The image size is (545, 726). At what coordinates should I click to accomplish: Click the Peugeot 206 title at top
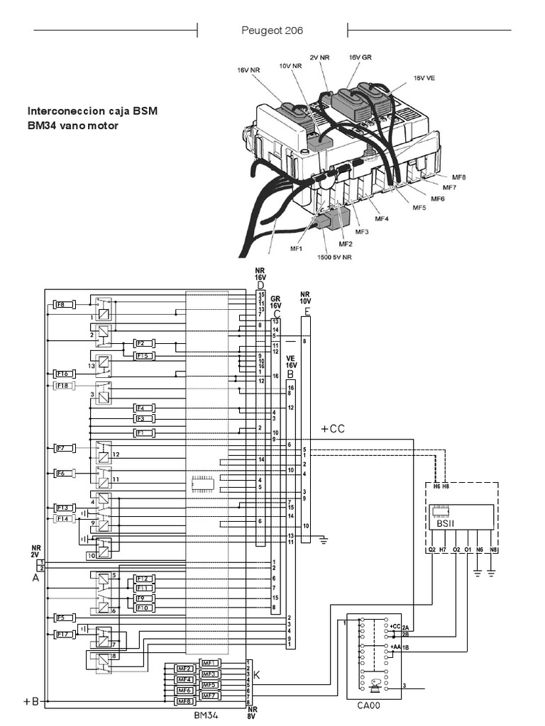click(272, 31)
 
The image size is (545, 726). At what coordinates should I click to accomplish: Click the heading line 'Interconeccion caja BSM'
click(93, 111)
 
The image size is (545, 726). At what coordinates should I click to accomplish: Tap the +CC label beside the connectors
click(332, 429)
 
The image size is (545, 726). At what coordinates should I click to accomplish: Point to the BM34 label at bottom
click(206, 715)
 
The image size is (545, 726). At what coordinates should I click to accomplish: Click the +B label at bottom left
click(31, 701)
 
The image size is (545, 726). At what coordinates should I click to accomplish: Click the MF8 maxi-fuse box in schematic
click(185, 701)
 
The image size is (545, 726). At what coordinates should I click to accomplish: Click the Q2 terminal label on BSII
click(431, 549)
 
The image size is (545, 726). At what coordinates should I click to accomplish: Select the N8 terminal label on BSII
click(493, 549)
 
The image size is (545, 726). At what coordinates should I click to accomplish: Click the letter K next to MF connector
click(257, 676)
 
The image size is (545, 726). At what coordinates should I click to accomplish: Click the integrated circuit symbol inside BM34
click(203, 484)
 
